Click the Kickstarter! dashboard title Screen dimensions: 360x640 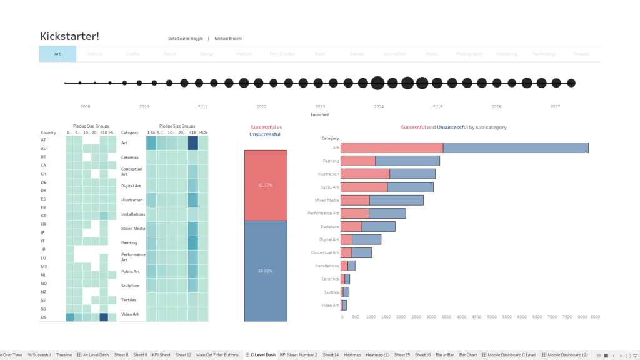(x=69, y=36)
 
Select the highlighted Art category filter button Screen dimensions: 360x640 (x=57, y=54)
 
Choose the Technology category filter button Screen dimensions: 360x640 (x=544, y=54)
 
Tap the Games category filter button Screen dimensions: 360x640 (x=357, y=54)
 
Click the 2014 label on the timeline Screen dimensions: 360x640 (x=379, y=107)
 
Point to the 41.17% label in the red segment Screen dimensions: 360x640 (x=266, y=186)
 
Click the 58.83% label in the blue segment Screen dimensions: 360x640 (x=266, y=271)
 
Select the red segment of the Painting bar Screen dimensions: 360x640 (x=358, y=161)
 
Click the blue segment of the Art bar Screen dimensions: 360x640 (x=516, y=147)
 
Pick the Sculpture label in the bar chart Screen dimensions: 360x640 (x=329, y=226)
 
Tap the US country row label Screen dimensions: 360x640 (x=44, y=317)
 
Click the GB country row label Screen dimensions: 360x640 (x=44, y=216)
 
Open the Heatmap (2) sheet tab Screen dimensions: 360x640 (x=377, y=355)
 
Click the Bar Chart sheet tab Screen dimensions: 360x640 (x=468, y=355)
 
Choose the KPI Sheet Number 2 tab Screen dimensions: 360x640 (x=298, y=355)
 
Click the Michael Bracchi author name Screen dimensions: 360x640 (x=227, y=39)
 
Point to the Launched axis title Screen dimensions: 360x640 (x=319, y=114)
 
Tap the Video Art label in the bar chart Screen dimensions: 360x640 (x=331, y=305)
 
